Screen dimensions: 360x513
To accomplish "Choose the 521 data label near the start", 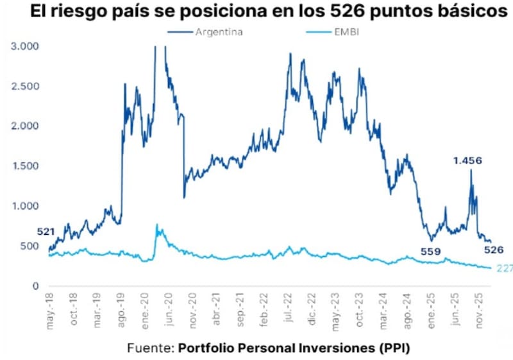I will (46, 232).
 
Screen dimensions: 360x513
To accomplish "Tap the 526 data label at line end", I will (493, 250).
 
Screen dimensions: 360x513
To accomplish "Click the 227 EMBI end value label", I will (504, 268).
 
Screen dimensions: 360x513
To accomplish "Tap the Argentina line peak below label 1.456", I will (471, 171).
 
